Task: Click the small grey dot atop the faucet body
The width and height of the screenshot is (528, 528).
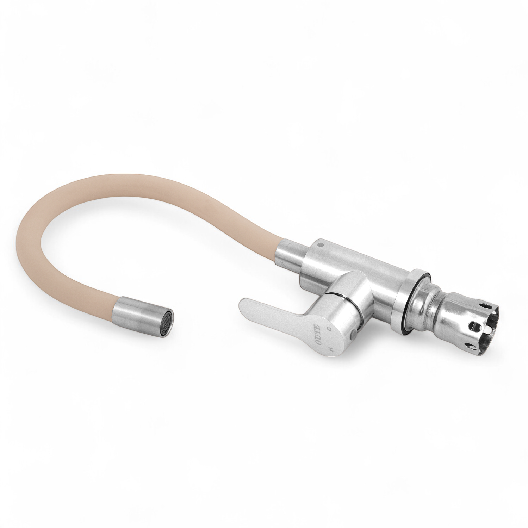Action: pyautogui.click(x=319, y=243)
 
